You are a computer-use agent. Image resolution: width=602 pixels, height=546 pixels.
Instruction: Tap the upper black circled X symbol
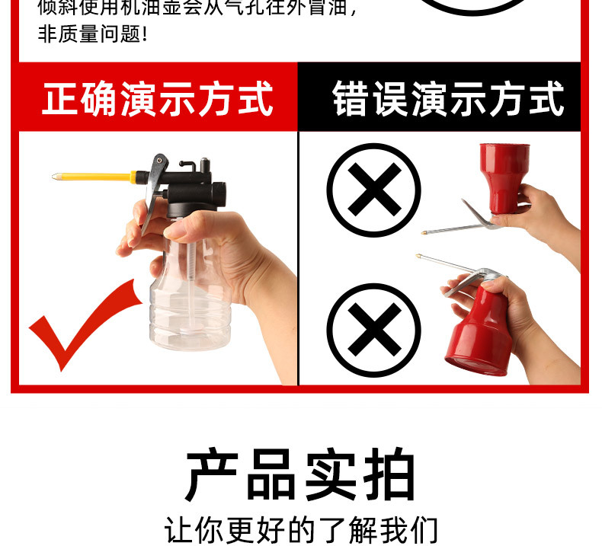tap(373, 190)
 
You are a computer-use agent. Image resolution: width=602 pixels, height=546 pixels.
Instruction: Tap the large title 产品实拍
tap(301, 476)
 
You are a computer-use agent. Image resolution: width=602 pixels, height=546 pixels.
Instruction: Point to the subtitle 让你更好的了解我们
tap(301, 529)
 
